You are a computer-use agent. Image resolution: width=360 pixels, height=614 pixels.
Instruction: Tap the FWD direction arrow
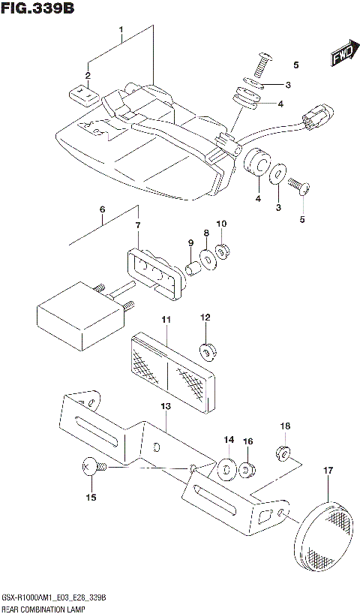coord(343,54)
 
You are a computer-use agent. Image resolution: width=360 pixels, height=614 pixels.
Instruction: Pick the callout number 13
coord(165,406)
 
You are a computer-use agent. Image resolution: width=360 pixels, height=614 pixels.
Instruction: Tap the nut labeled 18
coord(283,453)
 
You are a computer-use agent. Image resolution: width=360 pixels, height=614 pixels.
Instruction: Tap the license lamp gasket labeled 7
coord(154,268)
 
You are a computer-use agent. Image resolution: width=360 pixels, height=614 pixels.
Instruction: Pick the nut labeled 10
coord(222,250)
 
